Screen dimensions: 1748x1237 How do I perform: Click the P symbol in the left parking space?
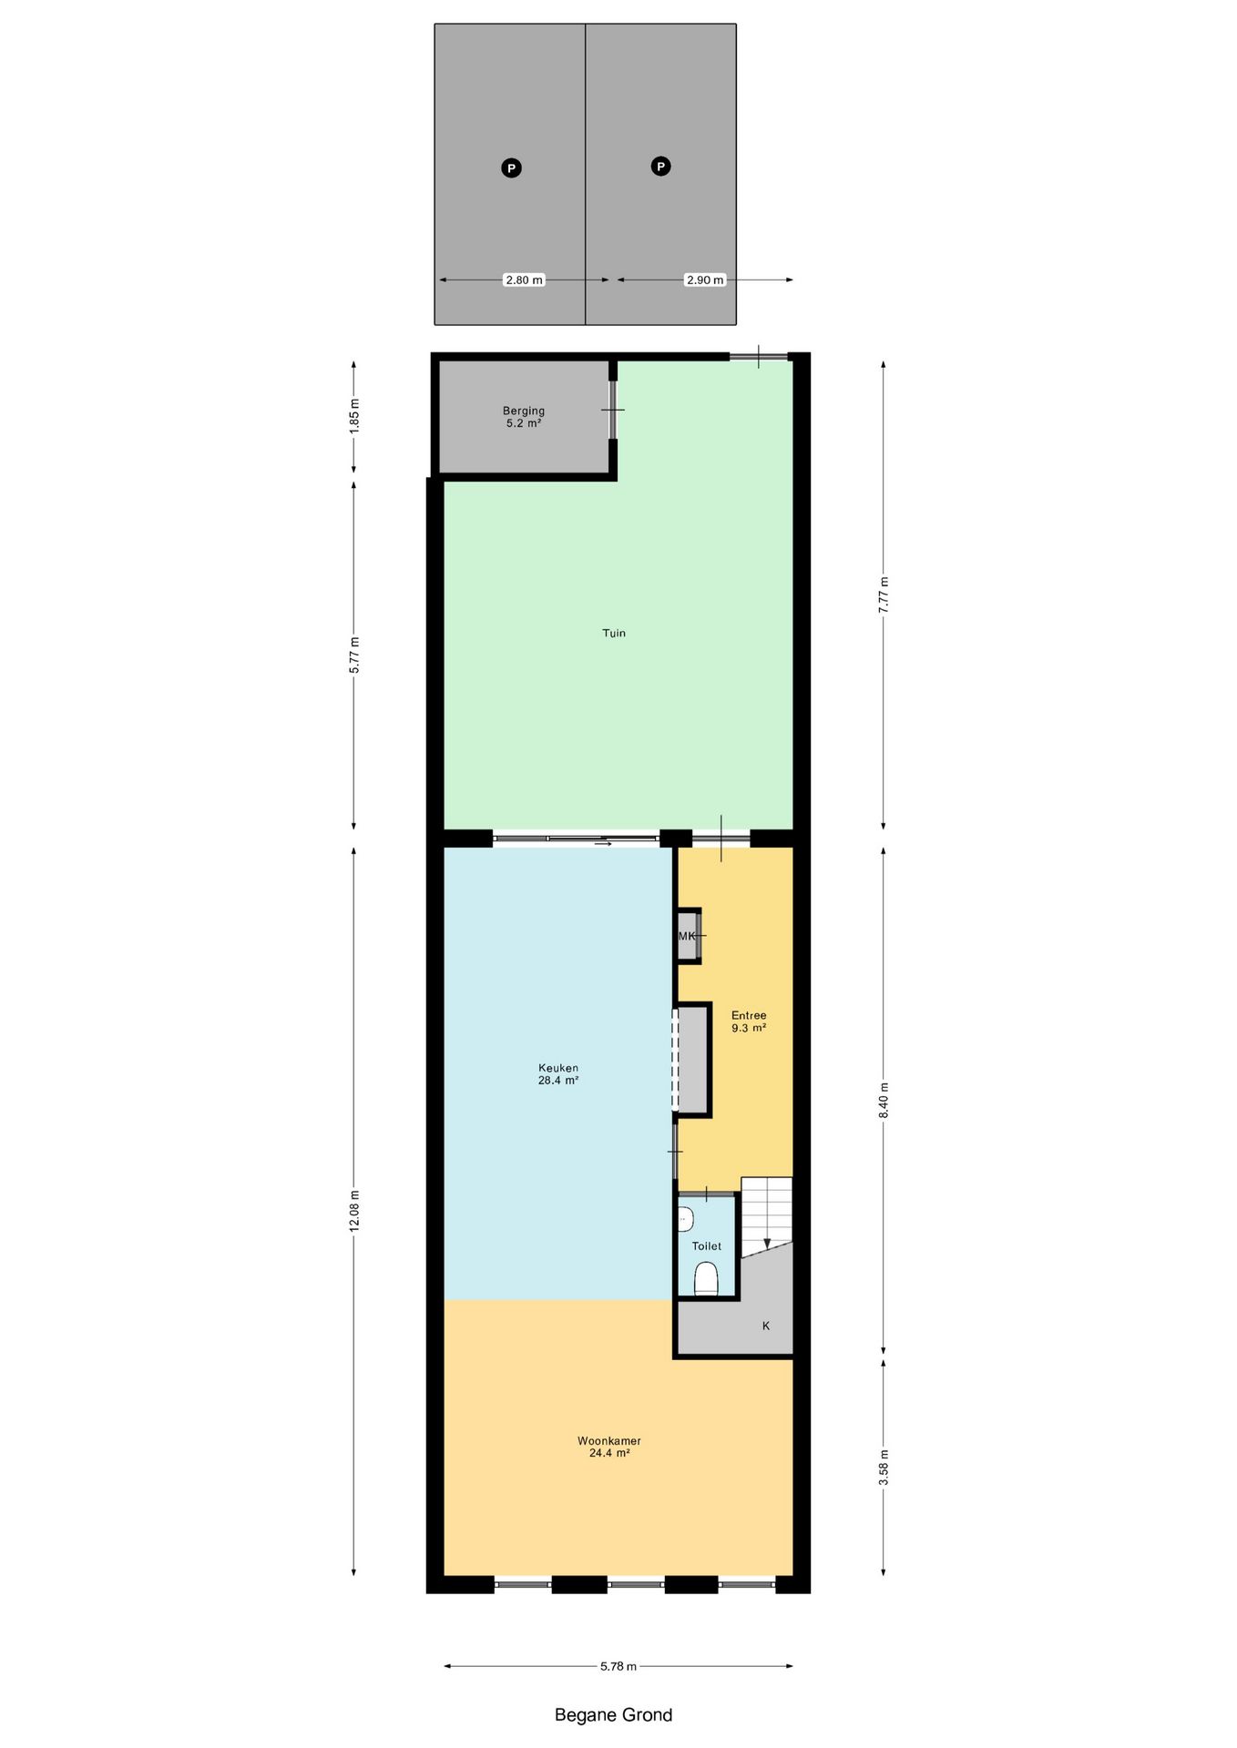pyautogui.click(x=511, y=168)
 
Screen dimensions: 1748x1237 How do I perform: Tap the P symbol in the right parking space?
pyautogui.click(x=660, y=166)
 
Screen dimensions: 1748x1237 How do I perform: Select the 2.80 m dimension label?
pyautogui.click(x=524, y=279)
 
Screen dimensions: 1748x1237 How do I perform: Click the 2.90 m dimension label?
pyautogui.click(x=705, y=279)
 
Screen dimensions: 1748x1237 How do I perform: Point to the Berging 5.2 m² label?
pyautogui.click(x=524, y=417)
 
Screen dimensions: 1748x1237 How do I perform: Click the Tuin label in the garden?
pyautogui.click(x=614, y=633)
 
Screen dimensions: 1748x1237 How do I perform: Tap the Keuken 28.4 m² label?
pyautogui.click(x=558, y=1074)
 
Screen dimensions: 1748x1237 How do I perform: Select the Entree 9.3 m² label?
pyautogui.click(x=749, y=1021)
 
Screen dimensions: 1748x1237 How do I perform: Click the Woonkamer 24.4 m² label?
pyautogui.click(x=609, y=1447)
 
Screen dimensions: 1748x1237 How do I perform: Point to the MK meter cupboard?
pyautogui.click(x=688, y=936)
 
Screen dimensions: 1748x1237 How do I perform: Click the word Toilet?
pyautogui.click(x=707, y=1246)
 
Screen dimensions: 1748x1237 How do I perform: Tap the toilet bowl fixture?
pyautogui.click(x=706, y=1278)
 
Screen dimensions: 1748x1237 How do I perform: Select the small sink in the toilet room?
pyautogui.click(x=685, y=1218)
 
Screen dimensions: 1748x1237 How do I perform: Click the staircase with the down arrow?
pyautogui.click(x=767, y=1215)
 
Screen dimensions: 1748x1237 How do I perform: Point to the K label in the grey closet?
pyautogui.click(x=766, y=1326)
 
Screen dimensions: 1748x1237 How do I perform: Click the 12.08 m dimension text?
pyautogui.click(x=354, y=1211)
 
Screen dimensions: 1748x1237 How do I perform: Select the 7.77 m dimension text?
pyautogui.click(x=883, y=595)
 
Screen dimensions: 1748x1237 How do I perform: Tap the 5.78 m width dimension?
pyautogui.click(x=618, y=1666)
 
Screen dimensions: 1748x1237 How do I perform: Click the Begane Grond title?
pyautogui.click(x=613, y=1715)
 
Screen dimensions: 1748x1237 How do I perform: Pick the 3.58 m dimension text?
pyautogui.click(x=883, y=1468)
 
